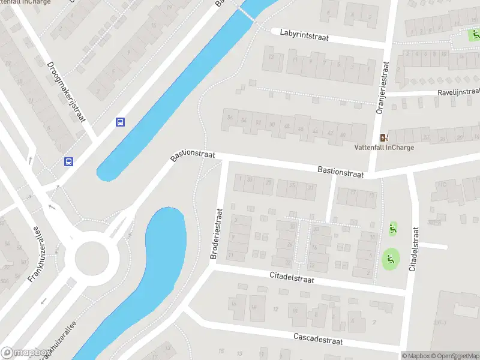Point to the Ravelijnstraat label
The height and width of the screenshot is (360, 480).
(458, 92)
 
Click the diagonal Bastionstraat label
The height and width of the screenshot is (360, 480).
(192, 155)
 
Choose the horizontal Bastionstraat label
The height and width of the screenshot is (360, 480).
(340, 172)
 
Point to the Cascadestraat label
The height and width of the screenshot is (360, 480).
(318, 339)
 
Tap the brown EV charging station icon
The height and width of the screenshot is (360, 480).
(384, 137)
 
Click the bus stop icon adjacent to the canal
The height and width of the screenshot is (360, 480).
(121, 122)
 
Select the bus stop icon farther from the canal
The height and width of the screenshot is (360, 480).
(69, 161)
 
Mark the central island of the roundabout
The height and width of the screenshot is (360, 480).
(92, 259)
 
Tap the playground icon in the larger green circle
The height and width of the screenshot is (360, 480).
(391, 259)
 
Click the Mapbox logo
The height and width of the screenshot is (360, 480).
(25, 353)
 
